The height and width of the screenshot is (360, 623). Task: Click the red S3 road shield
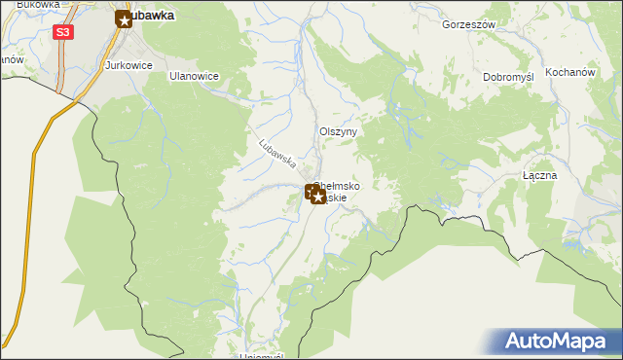click(x=62, y=32)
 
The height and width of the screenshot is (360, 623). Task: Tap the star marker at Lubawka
click(x=124, y=18)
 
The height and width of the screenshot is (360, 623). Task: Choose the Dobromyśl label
click(x=509, y=77)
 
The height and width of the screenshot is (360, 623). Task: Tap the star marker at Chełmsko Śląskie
click(x=317, y=196)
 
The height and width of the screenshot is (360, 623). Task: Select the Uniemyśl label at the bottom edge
click(x=260, y=355)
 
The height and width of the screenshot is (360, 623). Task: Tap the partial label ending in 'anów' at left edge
click(x=11, y=58)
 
